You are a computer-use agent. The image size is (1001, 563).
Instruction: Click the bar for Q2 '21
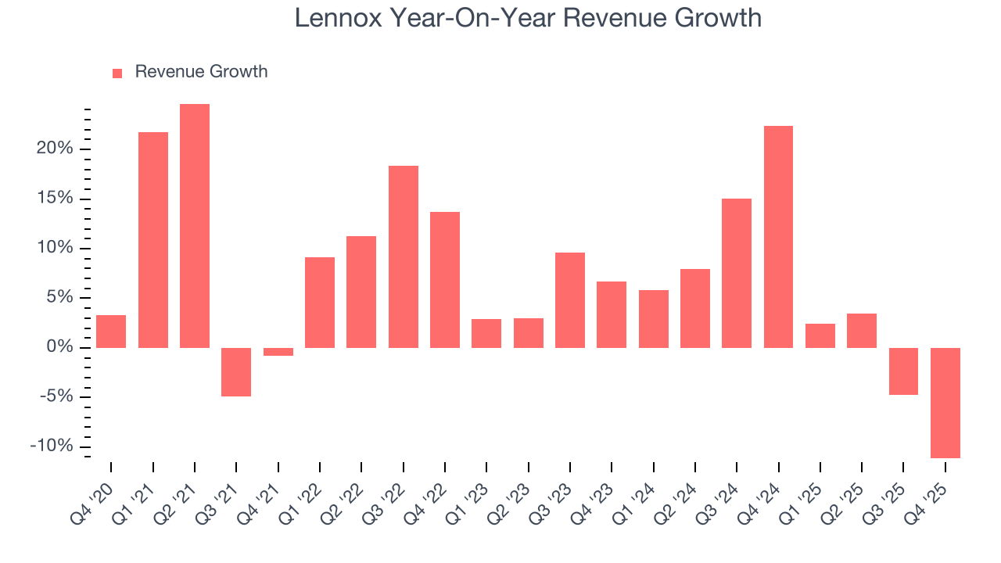click(195, 226)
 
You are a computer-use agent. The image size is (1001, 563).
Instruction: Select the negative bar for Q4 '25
click(945, 403)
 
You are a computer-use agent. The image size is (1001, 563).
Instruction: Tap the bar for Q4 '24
click(778, 237)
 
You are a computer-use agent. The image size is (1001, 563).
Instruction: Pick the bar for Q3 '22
click(403, 256)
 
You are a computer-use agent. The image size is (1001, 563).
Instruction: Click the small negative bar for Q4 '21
click(278, 352)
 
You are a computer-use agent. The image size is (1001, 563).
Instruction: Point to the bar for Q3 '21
click(236, 372)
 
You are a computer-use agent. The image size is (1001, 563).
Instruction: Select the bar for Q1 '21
click(153, 240)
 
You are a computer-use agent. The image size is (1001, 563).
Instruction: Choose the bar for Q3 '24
click(737, 273)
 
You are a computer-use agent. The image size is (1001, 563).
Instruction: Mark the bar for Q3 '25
click(903, 371)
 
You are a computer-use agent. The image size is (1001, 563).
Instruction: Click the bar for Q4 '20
click(111, 332)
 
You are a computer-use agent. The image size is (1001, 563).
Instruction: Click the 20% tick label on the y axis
click(54, 149)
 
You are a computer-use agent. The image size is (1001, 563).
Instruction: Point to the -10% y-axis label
click(52, 446)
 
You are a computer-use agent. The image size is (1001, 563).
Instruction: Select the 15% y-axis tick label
click(54, 199)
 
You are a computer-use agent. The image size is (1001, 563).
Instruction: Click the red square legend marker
click(117, 74)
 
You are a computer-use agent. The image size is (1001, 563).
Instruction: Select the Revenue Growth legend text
click(201, 72)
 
